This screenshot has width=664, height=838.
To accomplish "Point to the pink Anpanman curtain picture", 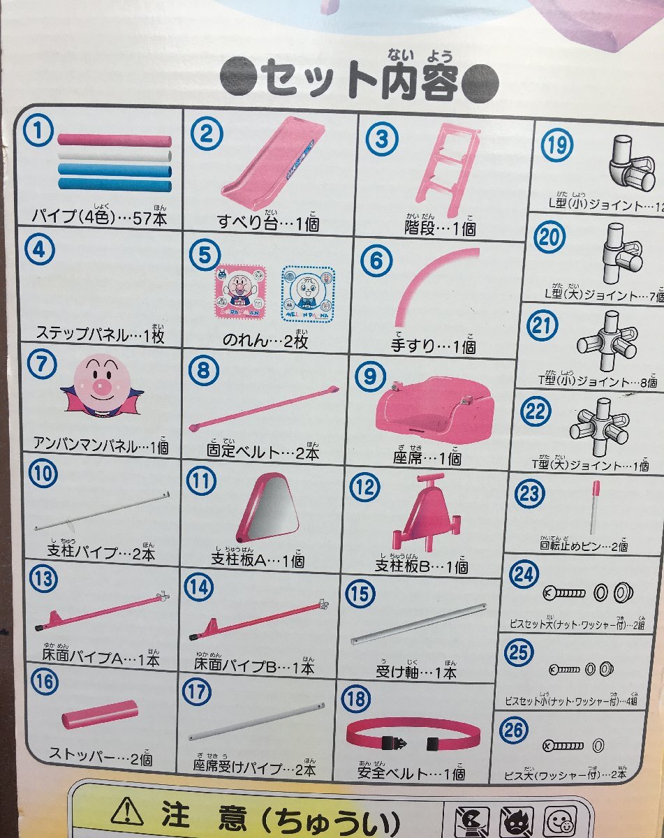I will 239,293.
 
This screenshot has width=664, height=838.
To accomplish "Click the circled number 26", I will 514,730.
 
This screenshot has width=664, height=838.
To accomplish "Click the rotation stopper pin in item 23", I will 595,504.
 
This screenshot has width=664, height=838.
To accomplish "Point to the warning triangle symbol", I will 126,811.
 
